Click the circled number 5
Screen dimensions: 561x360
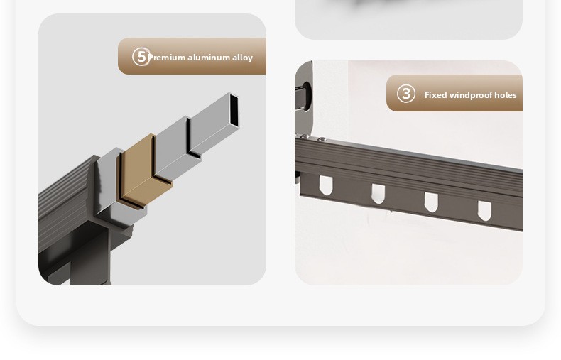pos(141,57)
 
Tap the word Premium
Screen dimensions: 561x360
pos(166,58)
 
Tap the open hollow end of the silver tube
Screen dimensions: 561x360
pos(234,110)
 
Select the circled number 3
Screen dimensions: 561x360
pos(406,94)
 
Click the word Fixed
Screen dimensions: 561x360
pos(435,95)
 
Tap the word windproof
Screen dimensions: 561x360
pos(472,95)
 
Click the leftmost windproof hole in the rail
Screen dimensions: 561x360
pos(325,185)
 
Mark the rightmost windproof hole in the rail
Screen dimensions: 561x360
pos(484,211)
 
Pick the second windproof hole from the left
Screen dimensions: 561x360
pos(378,194)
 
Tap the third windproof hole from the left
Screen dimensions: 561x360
pos(431,202)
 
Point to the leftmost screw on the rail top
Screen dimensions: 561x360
pos(305,137)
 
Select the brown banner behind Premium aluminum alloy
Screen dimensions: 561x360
pos(192,56)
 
